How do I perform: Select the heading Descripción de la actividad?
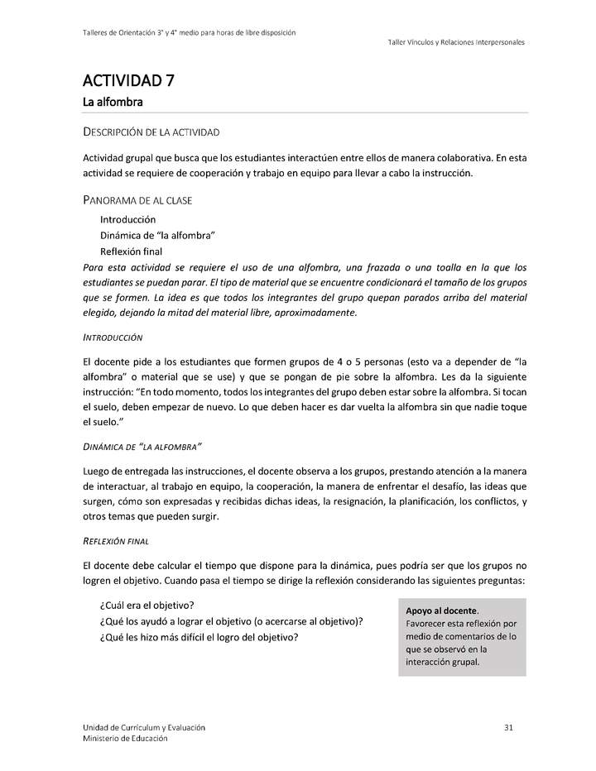[151, 132]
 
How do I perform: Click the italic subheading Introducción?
[113, 338]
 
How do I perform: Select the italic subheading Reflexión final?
[123, 541]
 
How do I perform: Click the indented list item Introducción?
[127, 220]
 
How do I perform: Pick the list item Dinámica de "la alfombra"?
[157, 236]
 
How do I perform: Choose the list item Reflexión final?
[131, 251]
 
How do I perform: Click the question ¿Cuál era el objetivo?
[147, 605]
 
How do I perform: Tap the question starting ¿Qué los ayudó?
[231, 621]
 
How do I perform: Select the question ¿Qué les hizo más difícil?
[199, 637]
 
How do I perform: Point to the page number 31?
[509, 727]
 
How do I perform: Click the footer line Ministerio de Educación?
[124, 738]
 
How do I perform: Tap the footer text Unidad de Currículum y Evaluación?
[143, 727]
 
